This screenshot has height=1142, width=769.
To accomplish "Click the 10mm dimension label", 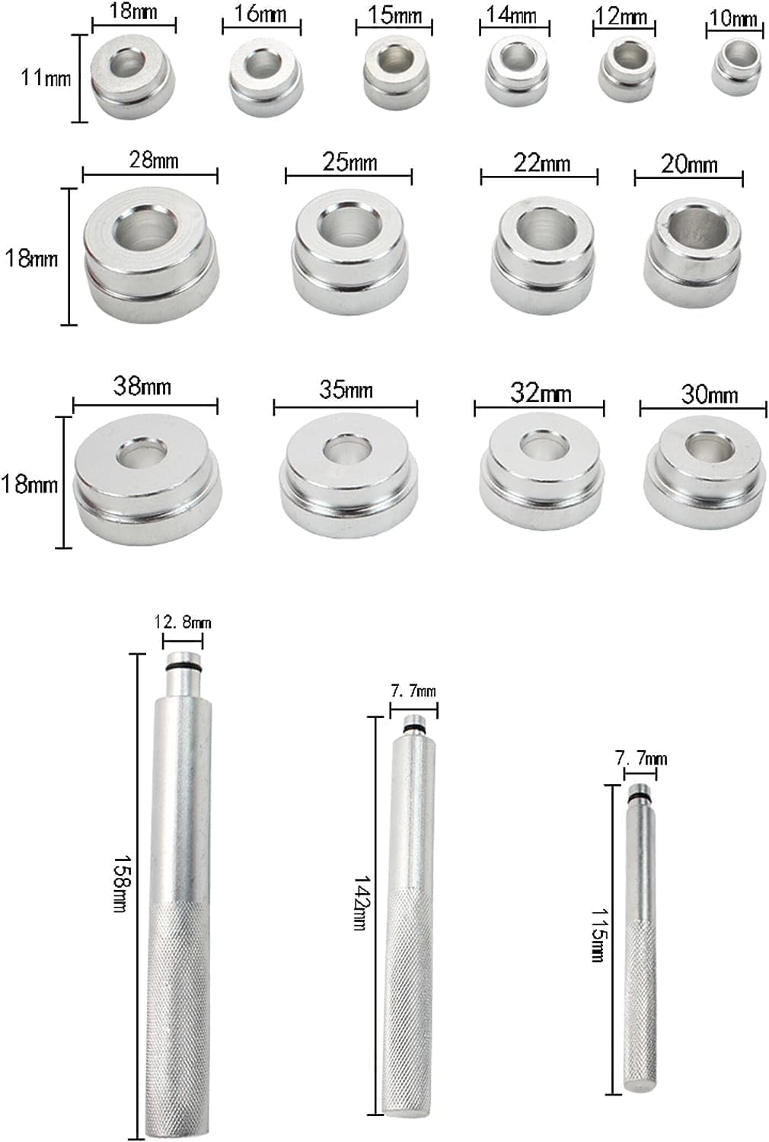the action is pos(732,18).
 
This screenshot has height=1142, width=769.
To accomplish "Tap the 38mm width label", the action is pos(142,386).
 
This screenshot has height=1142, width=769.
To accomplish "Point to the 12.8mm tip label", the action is pos(183,622).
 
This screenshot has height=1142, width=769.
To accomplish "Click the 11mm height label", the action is pos(46,78).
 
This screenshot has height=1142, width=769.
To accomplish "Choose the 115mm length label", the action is pos(598,934).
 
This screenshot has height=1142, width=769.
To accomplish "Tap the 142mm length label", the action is pos(362,903).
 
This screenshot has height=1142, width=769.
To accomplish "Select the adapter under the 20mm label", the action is pos(692,254).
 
